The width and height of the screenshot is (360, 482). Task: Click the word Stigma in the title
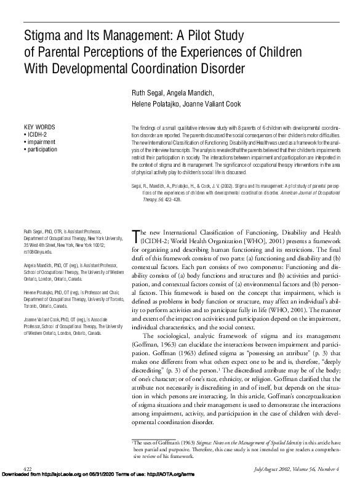[x=42, y=34]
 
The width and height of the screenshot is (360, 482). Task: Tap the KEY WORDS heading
[x=40, y=127]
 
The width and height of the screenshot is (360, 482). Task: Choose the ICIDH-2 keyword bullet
[x=38, y=134]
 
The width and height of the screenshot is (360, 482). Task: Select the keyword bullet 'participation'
[x=42, y=149]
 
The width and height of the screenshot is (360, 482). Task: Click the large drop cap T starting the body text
[x=137, y=236]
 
